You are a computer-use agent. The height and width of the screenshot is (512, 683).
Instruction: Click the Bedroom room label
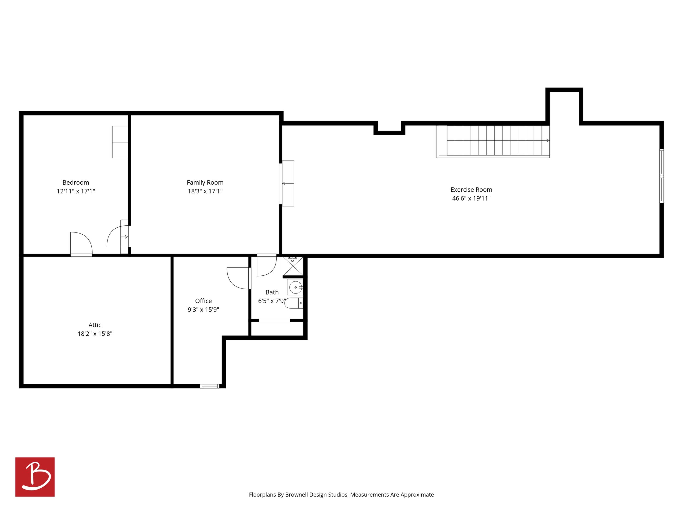[x=76, y=182]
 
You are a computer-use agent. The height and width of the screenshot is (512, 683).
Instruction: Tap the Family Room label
[x=205, y=183]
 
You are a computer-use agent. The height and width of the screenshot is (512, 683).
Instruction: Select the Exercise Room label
[x=471, y=190]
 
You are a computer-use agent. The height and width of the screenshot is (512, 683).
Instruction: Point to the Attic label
[x=95, y=325]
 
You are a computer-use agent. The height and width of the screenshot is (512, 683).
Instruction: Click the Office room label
[x=204, y=301]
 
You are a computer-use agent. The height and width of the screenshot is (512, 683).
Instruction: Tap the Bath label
[x=272, y=292]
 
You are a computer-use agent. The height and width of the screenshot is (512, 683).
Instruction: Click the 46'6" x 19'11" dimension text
[x=471, y=199]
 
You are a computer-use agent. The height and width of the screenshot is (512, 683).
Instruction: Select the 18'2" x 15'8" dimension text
[x=95, y=334]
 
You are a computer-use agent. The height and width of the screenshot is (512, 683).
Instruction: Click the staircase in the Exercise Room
[x=493, y=141]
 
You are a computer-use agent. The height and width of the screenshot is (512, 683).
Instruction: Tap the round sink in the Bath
[x=296, y=287]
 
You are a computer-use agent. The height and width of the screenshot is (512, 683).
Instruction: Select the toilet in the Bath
[x=294, y=303]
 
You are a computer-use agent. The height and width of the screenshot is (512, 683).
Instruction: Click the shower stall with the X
[x=293, y=266]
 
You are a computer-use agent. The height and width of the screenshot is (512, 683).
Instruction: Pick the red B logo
[x=35, y=477]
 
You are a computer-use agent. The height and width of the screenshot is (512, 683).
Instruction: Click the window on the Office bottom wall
[x=210, y=386]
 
